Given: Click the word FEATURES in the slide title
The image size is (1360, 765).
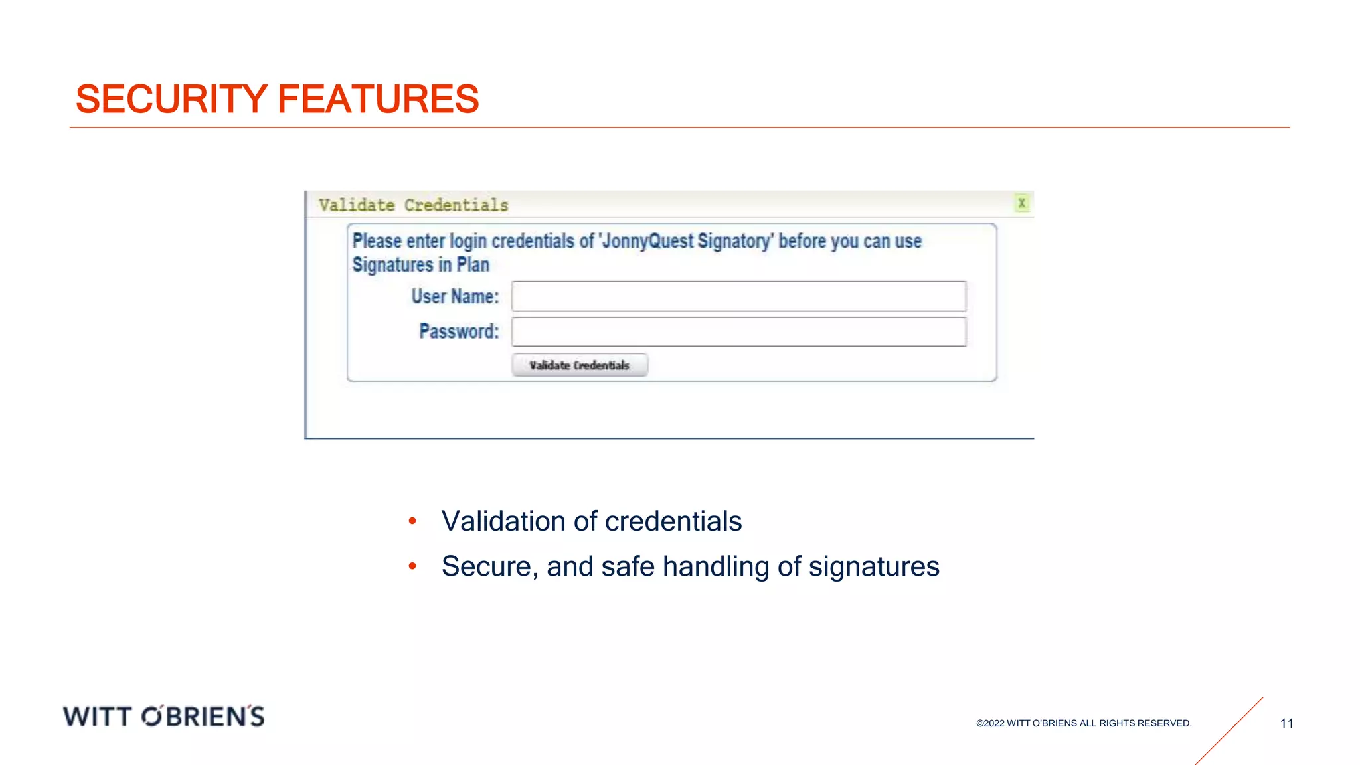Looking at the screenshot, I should point(378,100).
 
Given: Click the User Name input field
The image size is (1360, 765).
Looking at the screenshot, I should point(738,296).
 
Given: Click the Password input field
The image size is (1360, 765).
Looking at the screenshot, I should point(738,332).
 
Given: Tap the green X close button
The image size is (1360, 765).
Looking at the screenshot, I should point(1022,203).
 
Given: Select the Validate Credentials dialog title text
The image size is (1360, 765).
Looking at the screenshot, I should point(413,205).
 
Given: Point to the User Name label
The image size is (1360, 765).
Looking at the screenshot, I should point(455,296).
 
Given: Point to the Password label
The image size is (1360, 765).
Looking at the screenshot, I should point(459,331).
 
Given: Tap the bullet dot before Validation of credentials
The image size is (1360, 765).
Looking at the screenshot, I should point(412,521).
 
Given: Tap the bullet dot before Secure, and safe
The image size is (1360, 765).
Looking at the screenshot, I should point(412,566).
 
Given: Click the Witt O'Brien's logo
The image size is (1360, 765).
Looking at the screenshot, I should point(164,717).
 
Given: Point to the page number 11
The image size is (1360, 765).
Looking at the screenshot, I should point(1286,723).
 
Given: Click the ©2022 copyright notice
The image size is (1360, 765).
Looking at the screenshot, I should point(1084,723).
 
